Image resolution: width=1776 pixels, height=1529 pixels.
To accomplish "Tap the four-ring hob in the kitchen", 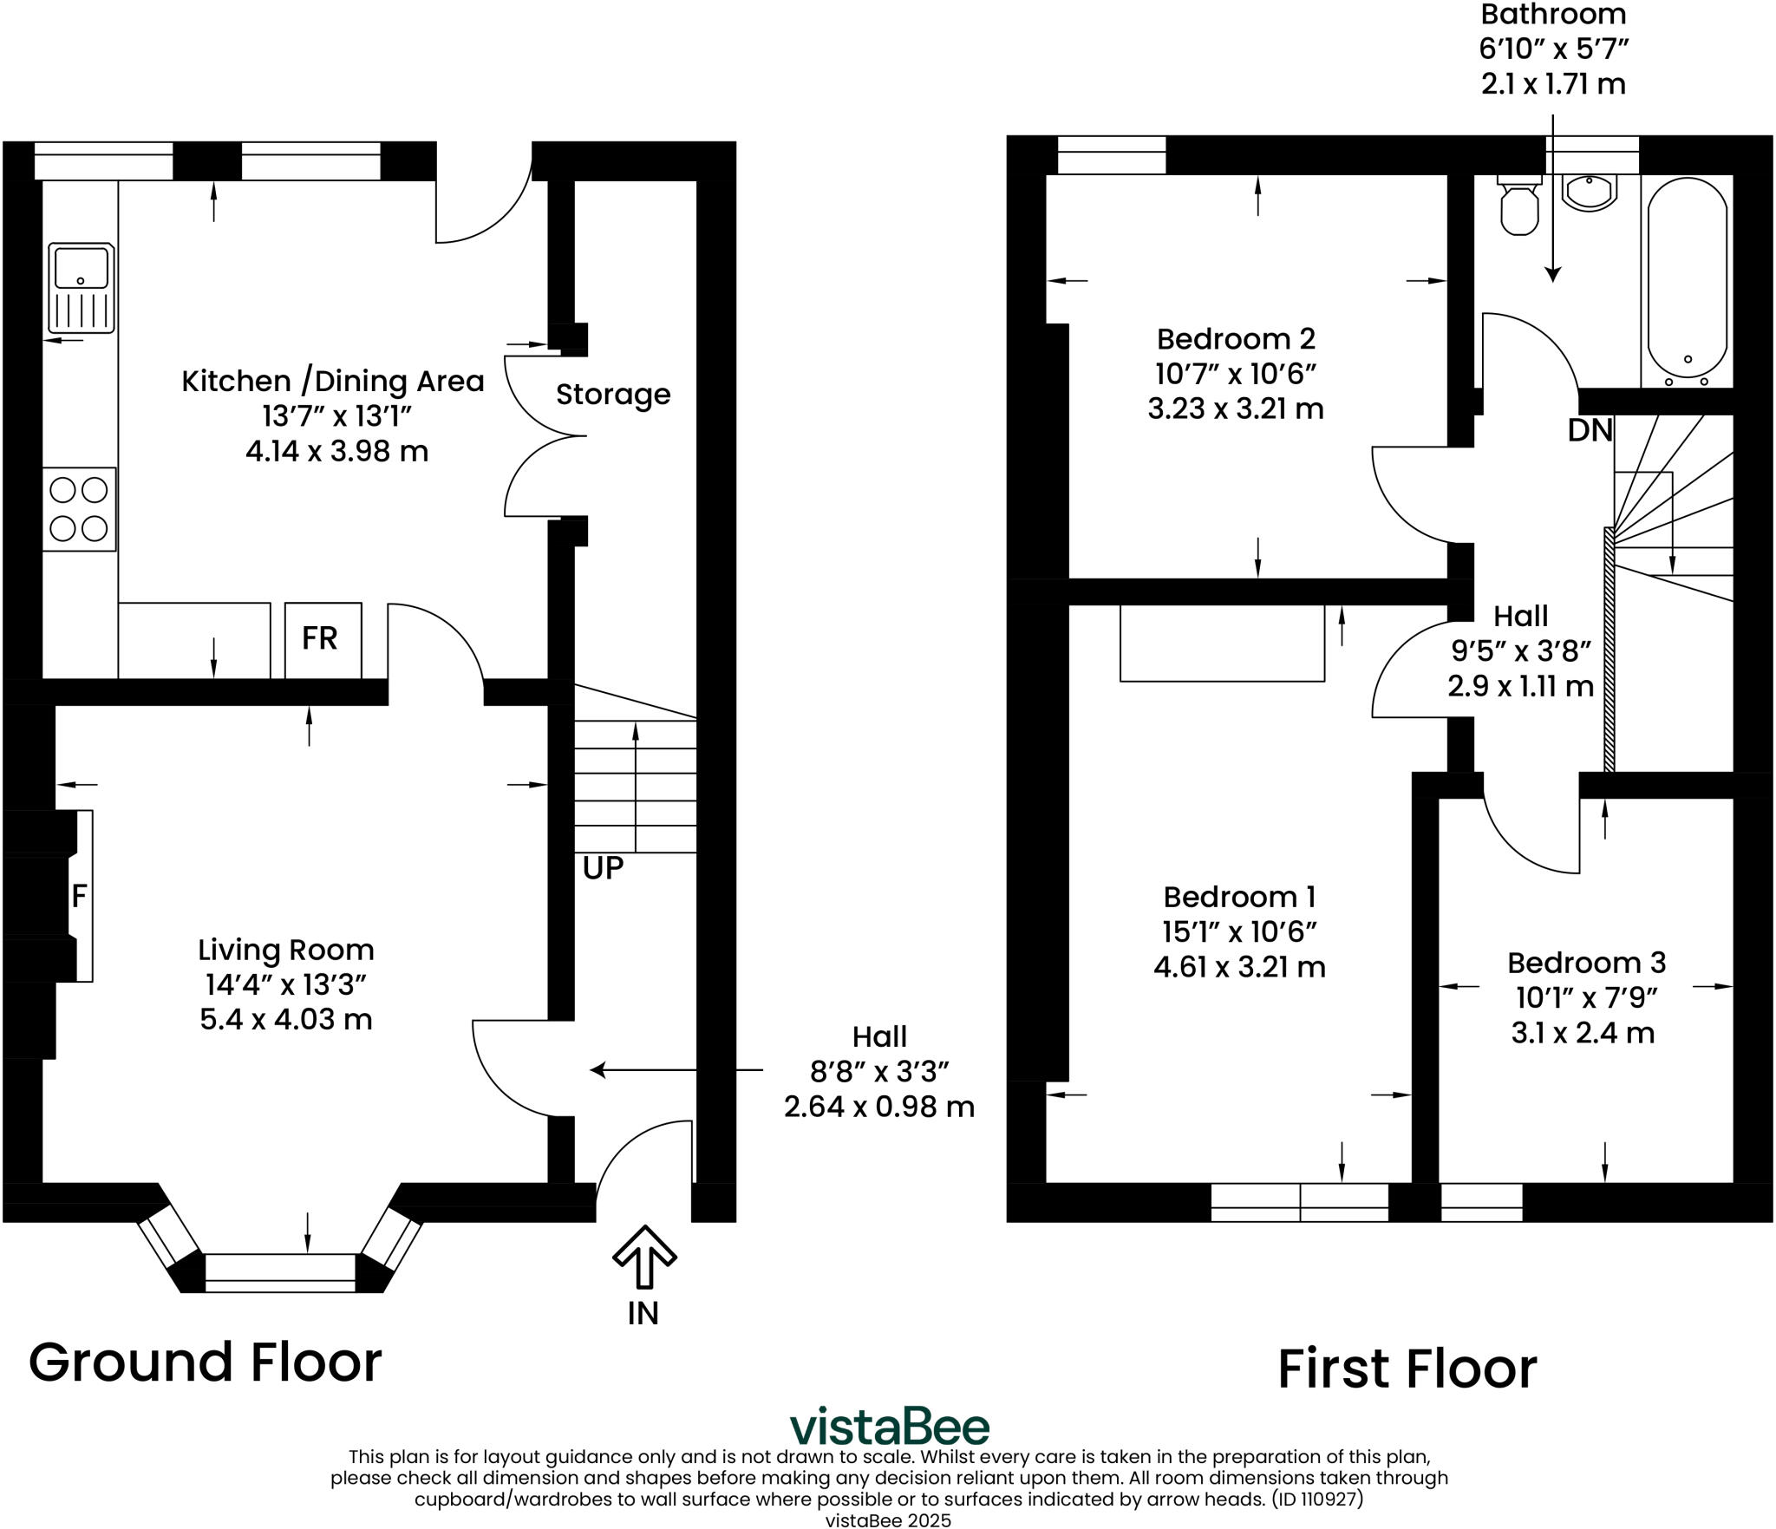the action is click(x=80, y=509).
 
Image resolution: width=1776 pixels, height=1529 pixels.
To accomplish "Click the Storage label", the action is click(x=613, y=395).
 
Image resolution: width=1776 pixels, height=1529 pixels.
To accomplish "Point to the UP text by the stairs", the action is click(x=603, y=868).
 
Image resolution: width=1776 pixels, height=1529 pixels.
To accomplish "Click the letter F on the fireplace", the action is click(x=79, y=896).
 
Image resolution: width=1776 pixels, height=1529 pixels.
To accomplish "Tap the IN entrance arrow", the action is click(x=644, y=1256).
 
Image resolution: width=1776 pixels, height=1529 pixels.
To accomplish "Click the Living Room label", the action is click(x=286, y=950).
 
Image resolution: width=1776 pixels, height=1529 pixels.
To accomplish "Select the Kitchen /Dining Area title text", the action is click(x=333, y=382).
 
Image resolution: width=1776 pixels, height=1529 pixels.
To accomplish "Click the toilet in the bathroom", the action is click(x=1519, y=205).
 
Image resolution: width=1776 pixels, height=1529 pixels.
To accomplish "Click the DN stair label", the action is click(x=1590, y=430).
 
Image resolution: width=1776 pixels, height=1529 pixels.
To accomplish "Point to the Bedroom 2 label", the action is click(x=1236, y=338).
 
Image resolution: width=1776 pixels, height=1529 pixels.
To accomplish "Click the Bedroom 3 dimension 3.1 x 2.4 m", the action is click(x=1583, y=1034).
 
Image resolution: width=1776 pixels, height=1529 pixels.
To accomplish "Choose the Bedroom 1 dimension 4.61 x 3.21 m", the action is click(x=1240, y=967).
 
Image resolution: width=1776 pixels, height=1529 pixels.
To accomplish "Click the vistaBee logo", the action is click(x=889, y=1427).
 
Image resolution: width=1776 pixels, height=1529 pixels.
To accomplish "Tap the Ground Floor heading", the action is click(x=206, y=1362).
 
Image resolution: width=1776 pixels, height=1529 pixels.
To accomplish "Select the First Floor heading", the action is click(x=1407, y=1369).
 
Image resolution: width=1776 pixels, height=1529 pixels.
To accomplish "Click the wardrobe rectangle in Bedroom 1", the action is click(x=1222, y=643).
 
